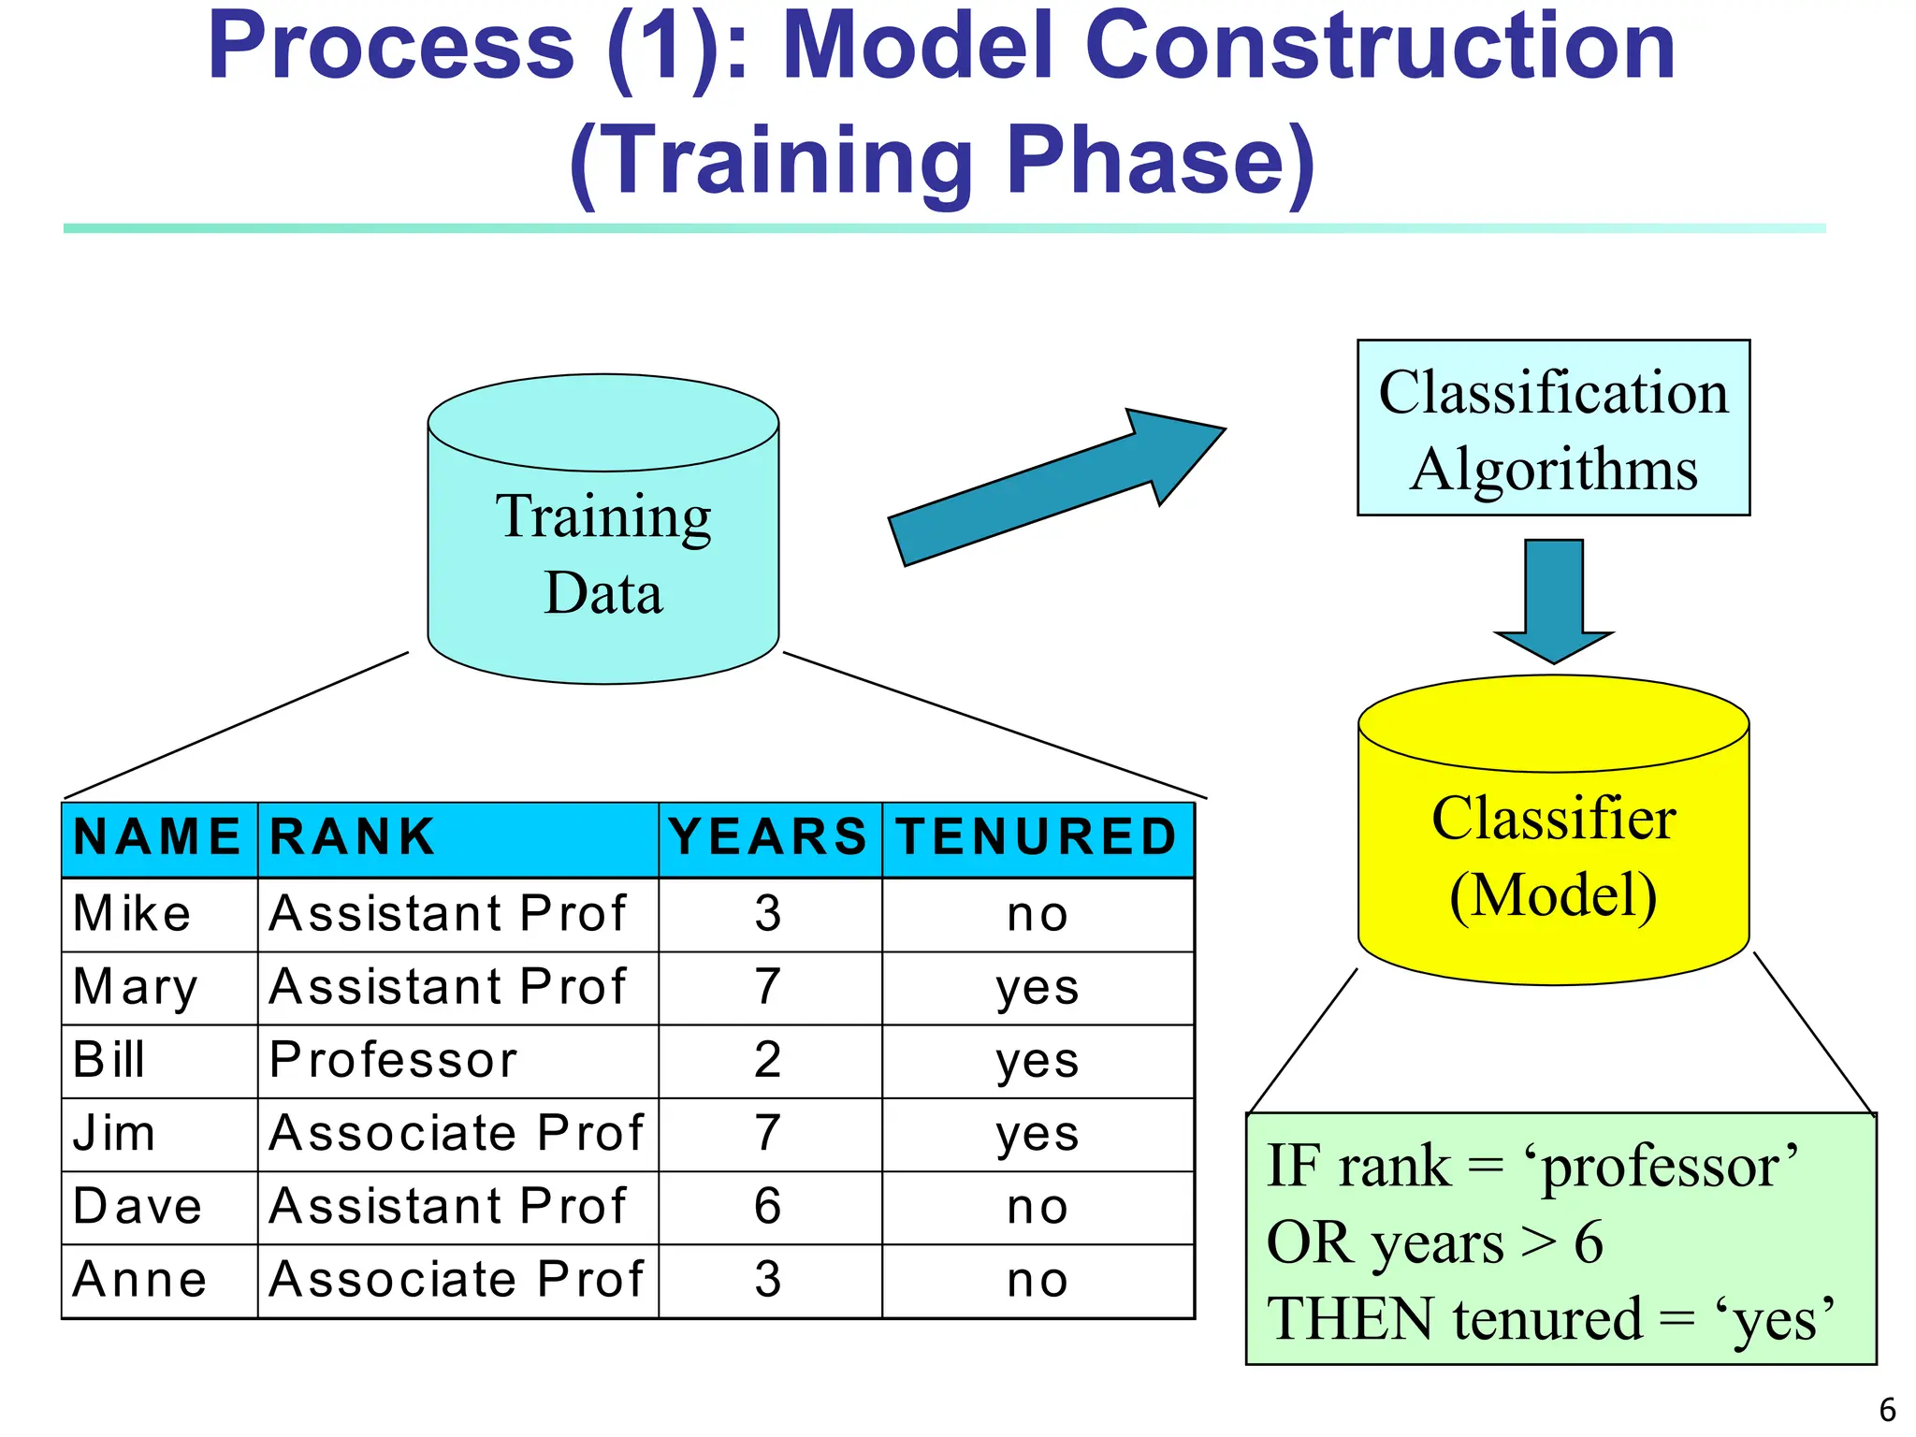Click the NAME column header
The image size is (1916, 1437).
[158, 837]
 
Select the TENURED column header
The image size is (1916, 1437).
[1037, 837]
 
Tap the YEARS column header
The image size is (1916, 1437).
[769, 837]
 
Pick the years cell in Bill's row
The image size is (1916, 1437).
[768, 1061]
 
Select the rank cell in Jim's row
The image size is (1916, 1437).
[457, 1134]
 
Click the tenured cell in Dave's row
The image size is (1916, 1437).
[1037, 1207]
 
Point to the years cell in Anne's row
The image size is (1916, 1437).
[768, 1280]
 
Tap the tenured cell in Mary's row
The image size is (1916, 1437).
[1037, 988]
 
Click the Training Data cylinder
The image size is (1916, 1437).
[603, 552]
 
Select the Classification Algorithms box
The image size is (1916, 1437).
[1553, 428]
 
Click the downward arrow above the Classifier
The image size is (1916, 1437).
[1554, 599]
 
